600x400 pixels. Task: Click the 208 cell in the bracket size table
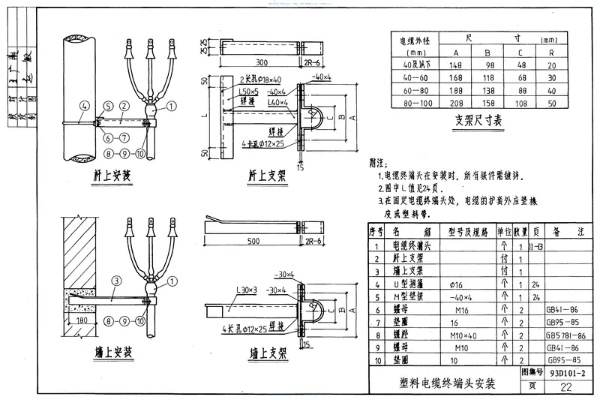[x=456, y=101]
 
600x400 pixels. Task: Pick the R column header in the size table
[x=551, y=52]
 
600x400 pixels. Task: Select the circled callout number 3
[x=115, y=281]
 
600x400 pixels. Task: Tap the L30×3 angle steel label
[x=226, y=290]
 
